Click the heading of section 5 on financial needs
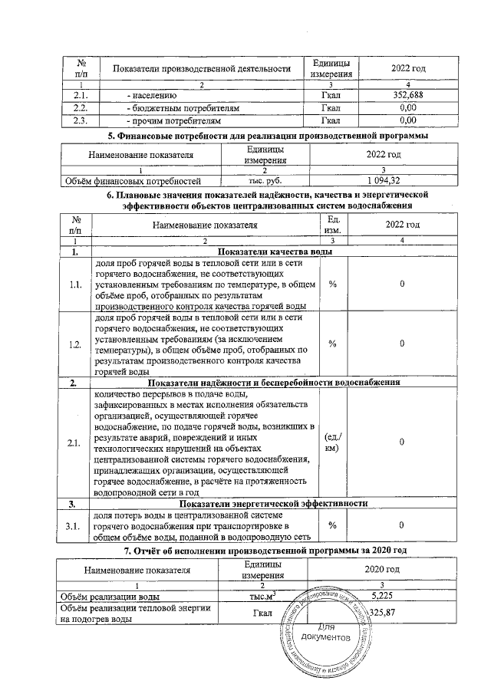[266, 136]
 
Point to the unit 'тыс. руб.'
[265, 181]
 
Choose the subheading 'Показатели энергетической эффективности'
[274, 503]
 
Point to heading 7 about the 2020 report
[265, 551]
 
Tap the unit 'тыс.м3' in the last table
[264, 596]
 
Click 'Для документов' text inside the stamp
[328, 632]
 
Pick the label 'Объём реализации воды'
[111, 596]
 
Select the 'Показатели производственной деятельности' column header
[201, 69]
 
